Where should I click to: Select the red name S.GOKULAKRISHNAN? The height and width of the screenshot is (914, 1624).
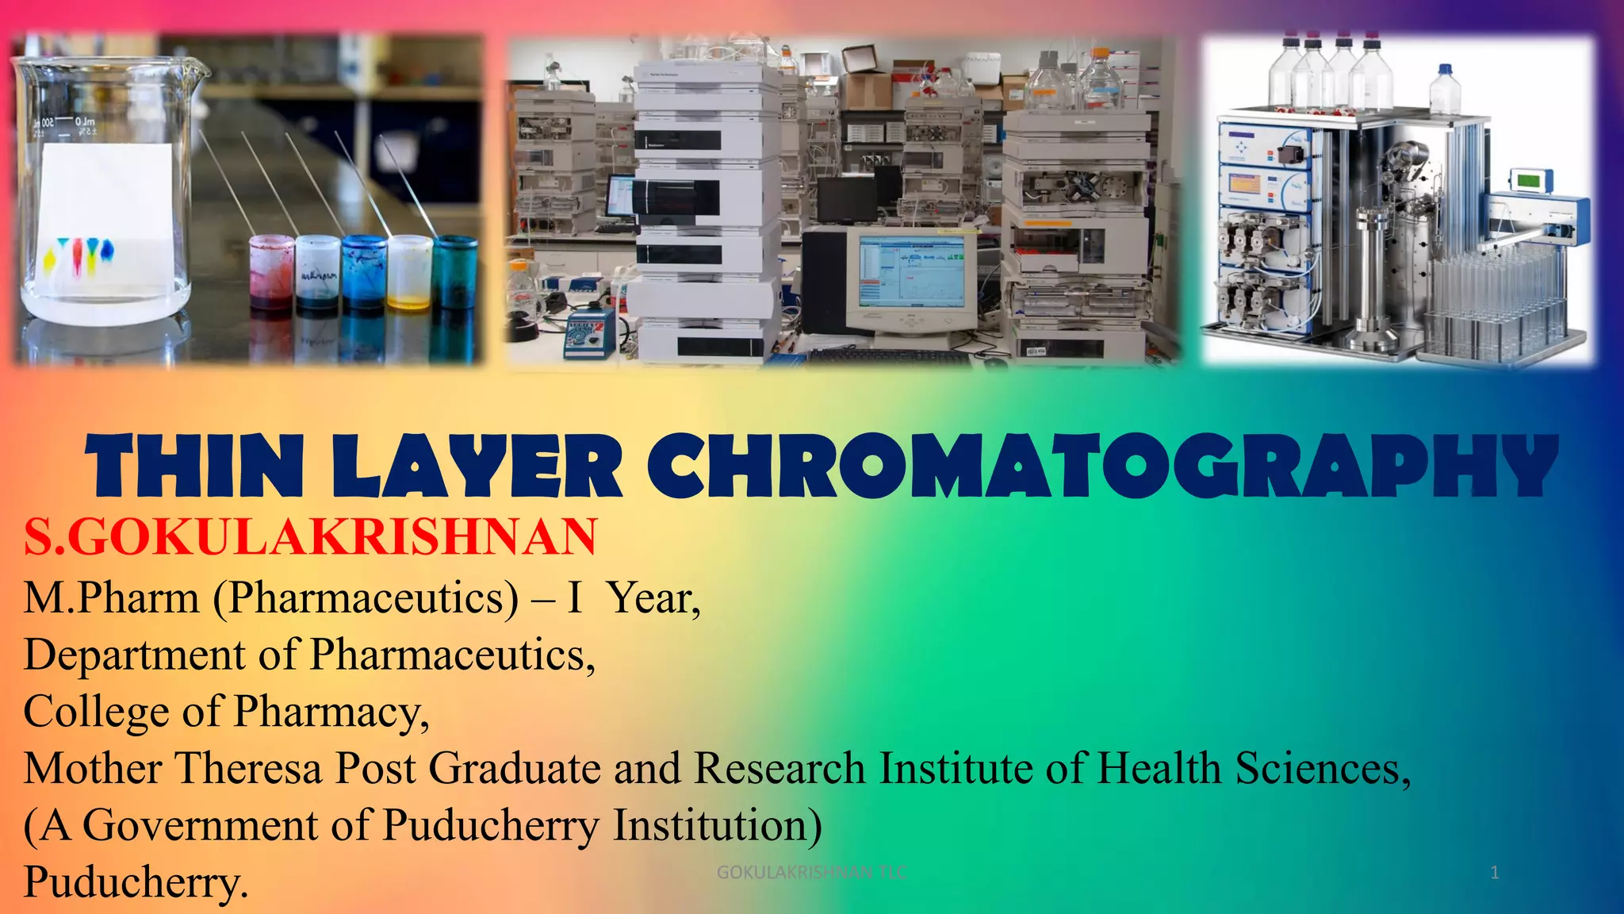[x=310, y=537]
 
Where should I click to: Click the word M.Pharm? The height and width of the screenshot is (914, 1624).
[x=111, y=597]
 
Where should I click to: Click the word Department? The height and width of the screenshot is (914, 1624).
[x=134, y=655]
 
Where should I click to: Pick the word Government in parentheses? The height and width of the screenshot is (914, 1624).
[x=200, y=825]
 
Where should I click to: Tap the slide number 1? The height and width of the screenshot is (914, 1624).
[x=1494, y=873]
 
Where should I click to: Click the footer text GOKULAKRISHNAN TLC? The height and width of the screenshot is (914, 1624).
[x=810, y=873]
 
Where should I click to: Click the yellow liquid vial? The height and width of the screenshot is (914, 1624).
[x=409, y=274]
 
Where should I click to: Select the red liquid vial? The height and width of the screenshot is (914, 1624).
[x=271, y=274]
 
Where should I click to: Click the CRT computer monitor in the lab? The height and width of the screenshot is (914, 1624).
[x=912, y=278]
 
